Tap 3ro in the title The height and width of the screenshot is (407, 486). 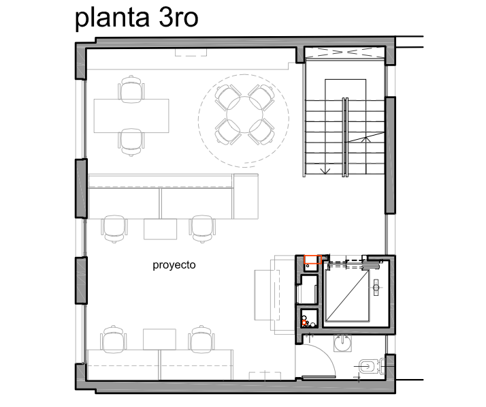pos(178,18)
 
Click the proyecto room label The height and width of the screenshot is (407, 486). pos(174,265)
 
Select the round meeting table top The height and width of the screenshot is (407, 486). pos(244,115)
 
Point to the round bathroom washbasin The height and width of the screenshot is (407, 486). pos(343,344)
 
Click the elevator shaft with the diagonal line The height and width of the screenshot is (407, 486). pos(347,295)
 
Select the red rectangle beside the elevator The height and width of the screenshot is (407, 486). pos(312,259)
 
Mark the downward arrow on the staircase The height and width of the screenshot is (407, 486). pos(325,170)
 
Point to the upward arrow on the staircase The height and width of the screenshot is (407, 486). pos(366,139)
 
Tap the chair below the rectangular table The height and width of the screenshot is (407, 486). pos(131,142)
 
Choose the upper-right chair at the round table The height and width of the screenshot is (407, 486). pos(261,97)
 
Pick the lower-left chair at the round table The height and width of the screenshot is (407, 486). pos(228,132)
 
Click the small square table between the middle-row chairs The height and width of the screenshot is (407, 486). pos(160,229)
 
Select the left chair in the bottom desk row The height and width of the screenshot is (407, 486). pos(114,340)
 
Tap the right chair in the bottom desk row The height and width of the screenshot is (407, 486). pos(201,340)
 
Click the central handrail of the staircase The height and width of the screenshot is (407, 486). pos(345,137)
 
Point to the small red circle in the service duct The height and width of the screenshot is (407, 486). pos(304,323)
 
